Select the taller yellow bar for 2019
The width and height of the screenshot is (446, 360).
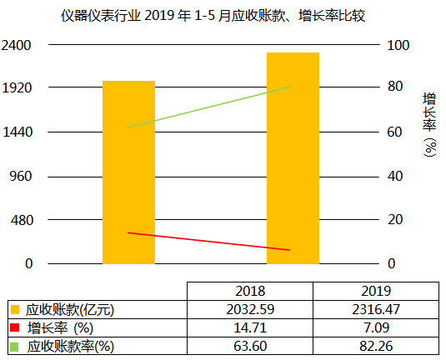tap(293, 158)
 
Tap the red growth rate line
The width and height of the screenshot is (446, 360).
tap(208, 242)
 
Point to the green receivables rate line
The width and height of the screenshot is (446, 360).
tap(208, 107)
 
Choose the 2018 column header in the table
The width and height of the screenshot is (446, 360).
tap(250, 292)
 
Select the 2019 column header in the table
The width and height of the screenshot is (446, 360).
tap(377, 292)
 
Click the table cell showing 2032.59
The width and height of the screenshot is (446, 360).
tap(250, 309)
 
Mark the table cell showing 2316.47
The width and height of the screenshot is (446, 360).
tap(377, 309)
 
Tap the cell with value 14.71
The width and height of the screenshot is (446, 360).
tap(250, 327)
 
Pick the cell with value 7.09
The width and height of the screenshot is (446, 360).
tap(377, 327)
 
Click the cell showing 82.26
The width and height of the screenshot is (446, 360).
tap(377, 344)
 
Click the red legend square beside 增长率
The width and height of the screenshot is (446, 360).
tap(15, 327)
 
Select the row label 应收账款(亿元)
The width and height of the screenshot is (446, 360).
tap(70, 309)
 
